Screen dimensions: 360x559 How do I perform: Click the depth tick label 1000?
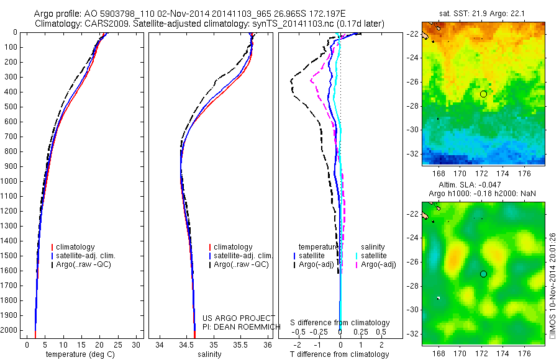point(11,181)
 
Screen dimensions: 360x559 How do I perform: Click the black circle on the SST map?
point(483,94)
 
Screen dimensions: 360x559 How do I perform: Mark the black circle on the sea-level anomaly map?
point(483,274)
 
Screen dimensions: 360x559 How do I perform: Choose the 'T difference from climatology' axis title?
point(340,354)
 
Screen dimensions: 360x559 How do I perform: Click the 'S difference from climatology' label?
point(340,323)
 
